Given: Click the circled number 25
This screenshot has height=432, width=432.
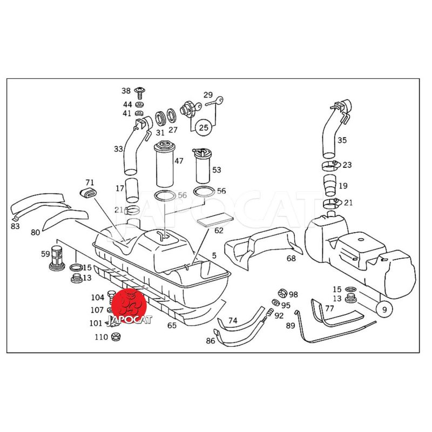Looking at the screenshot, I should click(x=204, y=128).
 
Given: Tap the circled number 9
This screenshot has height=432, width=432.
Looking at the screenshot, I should click(x=384, y=309).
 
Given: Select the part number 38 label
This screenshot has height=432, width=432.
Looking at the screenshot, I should click(x=126, y=91).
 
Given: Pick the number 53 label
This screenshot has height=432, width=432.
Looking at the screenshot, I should click(x=217, y=170).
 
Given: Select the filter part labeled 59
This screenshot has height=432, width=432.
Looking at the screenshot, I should click(x=57, y=256).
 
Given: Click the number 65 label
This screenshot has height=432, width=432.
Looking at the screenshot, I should click(x=172, y=326).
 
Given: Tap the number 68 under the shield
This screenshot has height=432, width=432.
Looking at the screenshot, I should click(x=291, y=259).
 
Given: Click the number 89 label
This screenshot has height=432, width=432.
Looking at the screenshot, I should click(x=291, y=326).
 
